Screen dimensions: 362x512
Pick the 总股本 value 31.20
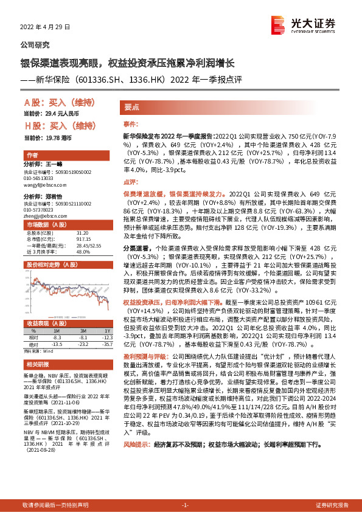pyautogui.click(x=82, y=233)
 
